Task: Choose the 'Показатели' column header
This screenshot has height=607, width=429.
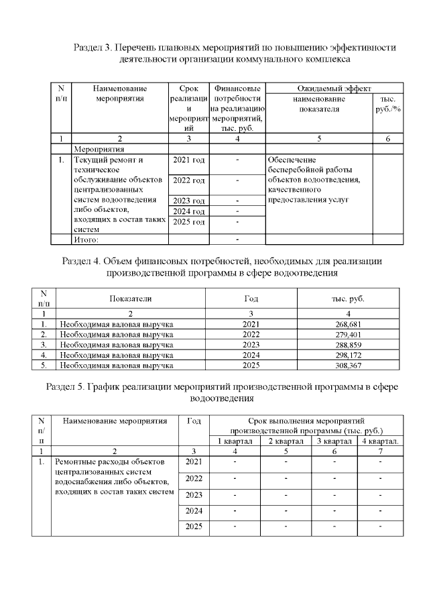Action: (131, 299)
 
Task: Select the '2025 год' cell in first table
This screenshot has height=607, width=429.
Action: (188, 221)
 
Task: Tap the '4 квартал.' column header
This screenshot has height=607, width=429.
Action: (381, 441)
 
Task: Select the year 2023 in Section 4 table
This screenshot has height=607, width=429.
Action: (249, 345)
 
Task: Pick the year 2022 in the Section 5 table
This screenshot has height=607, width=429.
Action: (194, 478)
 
